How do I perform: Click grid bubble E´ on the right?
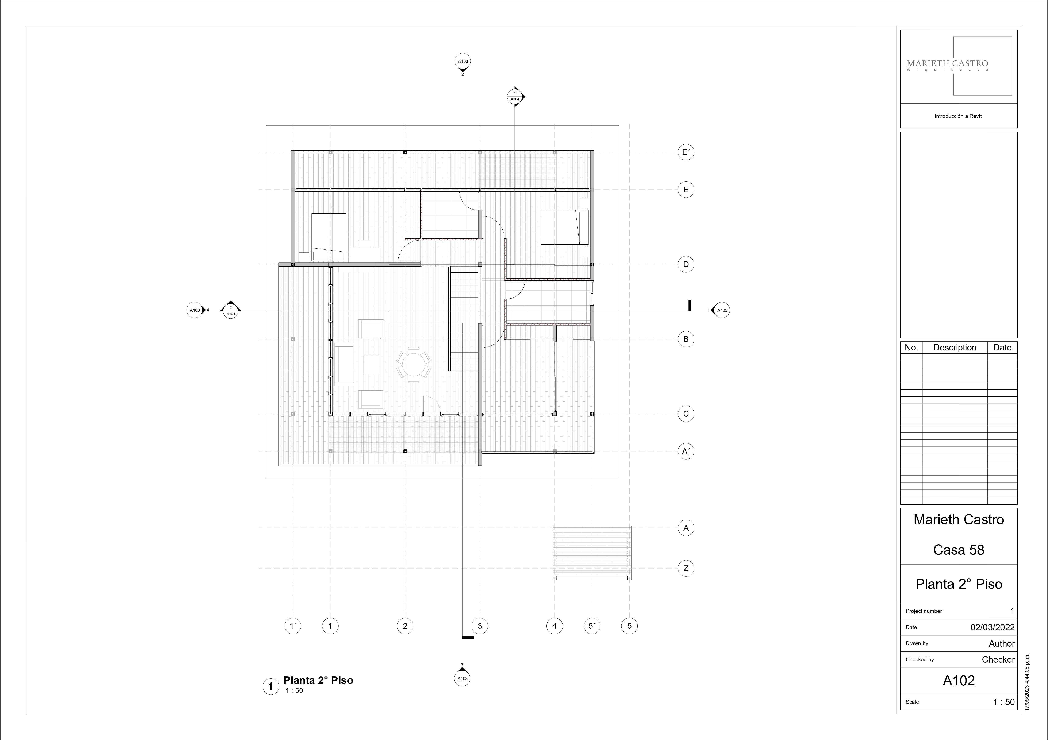click(x=686, y=152)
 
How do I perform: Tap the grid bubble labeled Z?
click(x=686, y=569)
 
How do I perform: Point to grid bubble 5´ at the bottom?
click(x=592, y=626)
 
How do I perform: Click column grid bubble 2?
click(x=405, y=626)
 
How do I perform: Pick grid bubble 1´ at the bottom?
click(x=293, y=626)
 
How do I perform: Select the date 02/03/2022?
click(x=992, y=627)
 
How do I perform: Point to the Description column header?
click(x=955, y=348)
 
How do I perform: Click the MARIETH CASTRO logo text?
click(x=948, y=64)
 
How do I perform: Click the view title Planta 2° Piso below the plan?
click(x=318, y=680)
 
